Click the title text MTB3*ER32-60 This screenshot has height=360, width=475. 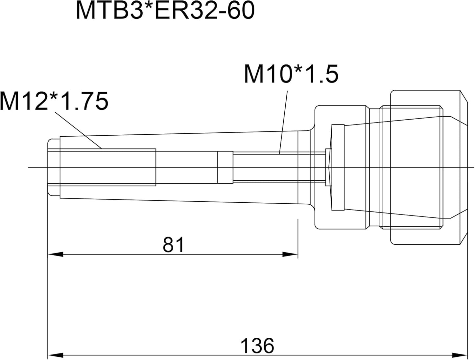pyautogui.click(x=165, y=11)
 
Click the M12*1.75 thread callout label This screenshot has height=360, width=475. pyautogui.click(x=54, y=101)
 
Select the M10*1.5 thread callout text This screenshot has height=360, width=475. pyautogui.click(x=291, y=74)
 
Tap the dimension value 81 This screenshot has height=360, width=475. pyautogui.click(x=173, y=244)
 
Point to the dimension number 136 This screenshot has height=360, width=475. pyautogui.click(x=257, y=346)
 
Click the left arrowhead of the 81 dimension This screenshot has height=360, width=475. pyautogui.click(x=56, y=255)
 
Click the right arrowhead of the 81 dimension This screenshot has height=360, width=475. pyautogui.click(x=290, y=255)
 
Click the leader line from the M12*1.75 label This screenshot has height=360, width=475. pyautogui.click(x=78, y=130)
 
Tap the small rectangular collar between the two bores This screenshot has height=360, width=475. pyautogui.click(x=225, y=167)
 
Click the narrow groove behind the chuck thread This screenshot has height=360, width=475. pyautogui.click(x=374, y=167)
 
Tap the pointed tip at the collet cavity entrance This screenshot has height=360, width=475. pyautogui.click(x=330, y=167)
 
